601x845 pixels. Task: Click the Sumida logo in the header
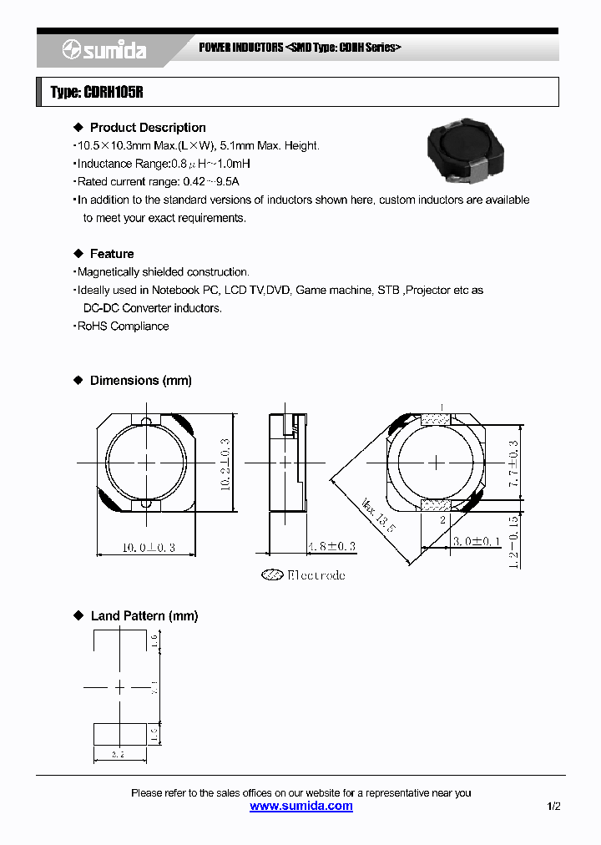(x=104, y=51)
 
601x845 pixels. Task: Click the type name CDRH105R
(x=97, y=93)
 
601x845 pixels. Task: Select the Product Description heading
(x=148, y=128)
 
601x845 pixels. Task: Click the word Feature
(x=112, y=254)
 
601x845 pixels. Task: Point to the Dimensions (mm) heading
(x=140, y=381)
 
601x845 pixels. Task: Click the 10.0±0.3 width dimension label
(x=149, y=548)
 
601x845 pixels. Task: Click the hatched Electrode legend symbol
(x=272, y=574)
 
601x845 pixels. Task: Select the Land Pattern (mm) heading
(x=144, y=616)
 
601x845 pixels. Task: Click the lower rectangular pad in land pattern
(x=120, y=734)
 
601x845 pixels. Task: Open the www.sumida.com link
(x=301, y=807)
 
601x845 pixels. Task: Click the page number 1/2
(x=554, y=807)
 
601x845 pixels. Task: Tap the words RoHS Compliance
(x=123, y=326)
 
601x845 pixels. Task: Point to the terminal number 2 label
(x=442, y=519)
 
